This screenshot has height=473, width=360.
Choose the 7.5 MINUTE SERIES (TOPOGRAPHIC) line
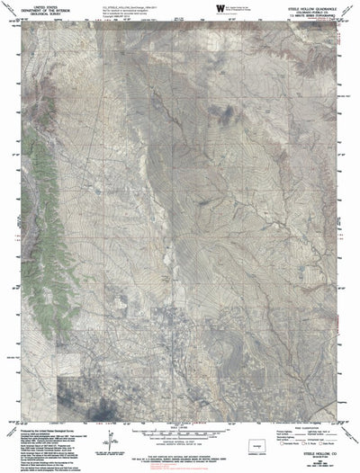pos(315,14)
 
